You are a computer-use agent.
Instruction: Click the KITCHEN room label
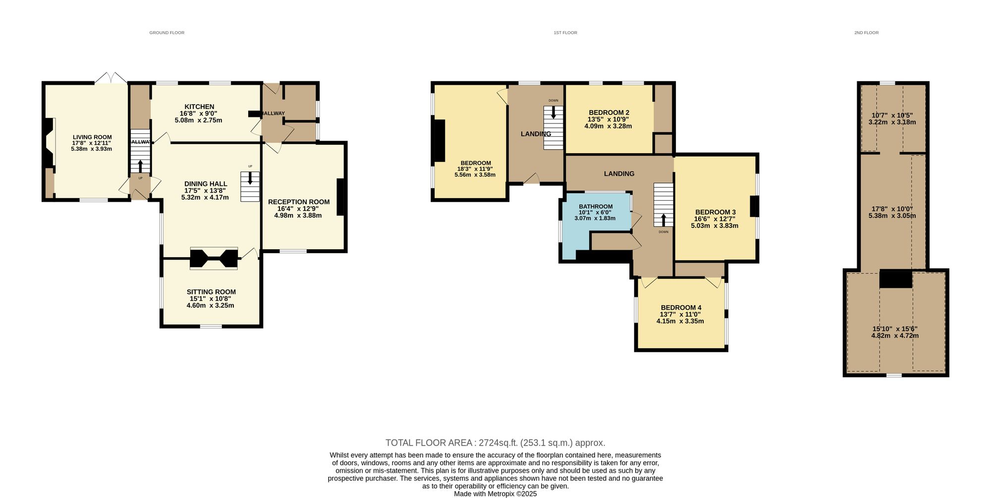(x=199, y=107)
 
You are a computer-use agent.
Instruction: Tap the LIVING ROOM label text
(x=92, y=137)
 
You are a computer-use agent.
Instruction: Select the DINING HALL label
(x=206, y=184)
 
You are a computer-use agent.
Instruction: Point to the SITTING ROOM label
(x=211, y=292)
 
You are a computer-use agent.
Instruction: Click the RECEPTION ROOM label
(x=299, y=202)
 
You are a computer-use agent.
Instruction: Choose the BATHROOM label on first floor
(x=596, y=207)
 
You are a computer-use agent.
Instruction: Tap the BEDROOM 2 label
(x=609, y=112)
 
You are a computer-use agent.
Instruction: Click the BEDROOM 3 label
(x=715, y=212)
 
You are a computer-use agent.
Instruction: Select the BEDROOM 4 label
(x=681, y=307)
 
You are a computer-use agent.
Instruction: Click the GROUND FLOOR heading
(x=167, y=33)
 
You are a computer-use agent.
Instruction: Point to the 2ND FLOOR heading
(x=866, y=33)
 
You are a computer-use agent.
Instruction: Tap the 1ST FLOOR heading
(x=565, y=33)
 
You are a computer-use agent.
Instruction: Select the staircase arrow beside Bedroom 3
(x=663, y=219)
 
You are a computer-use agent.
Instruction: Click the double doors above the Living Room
(x=111, y=78)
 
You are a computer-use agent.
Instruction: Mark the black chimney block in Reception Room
(x=341, y=197)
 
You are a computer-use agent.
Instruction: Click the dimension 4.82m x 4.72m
(x=895, y=335)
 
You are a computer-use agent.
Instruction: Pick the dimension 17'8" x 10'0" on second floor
(x=892, y=209)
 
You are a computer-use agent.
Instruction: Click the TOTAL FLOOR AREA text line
(x=495, y=443)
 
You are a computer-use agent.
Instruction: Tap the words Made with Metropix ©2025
(x=495, y=494)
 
